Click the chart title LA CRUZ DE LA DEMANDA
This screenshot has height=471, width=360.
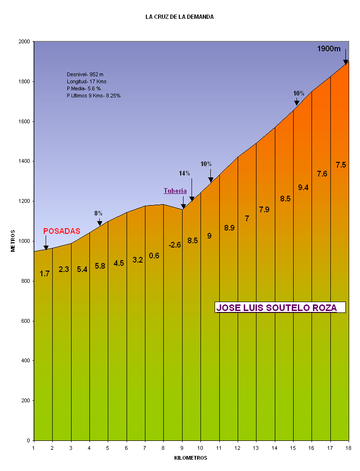coord(179,17)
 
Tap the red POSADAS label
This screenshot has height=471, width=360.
coord(62,232)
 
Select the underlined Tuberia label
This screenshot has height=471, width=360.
coord(175,191)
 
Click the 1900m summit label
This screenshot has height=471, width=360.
coord(328,49)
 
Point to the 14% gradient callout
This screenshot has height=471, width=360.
coord(184,173)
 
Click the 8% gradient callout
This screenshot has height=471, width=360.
coord(98,213)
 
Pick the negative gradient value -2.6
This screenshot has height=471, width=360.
coord(175,245)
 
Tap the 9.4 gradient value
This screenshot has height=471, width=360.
coord(304,187)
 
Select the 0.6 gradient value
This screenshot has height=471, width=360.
coord(154,255)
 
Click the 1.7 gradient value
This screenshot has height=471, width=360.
coord(45,273)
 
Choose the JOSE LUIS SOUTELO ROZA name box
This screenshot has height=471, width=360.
coord(280,308)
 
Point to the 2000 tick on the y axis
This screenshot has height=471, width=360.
coord(24,42)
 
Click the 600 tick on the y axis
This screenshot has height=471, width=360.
coord(25,321)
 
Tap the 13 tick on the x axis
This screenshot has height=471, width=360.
coord(256,448)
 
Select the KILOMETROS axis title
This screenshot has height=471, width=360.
coord(191,458)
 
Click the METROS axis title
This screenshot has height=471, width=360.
coord(13,241)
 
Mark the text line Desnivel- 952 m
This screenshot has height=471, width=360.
coord(85,74)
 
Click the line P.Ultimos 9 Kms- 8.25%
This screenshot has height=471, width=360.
coord(94,96)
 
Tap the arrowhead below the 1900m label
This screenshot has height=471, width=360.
coord(345,62)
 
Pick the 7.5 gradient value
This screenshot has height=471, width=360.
coord(341,165)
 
